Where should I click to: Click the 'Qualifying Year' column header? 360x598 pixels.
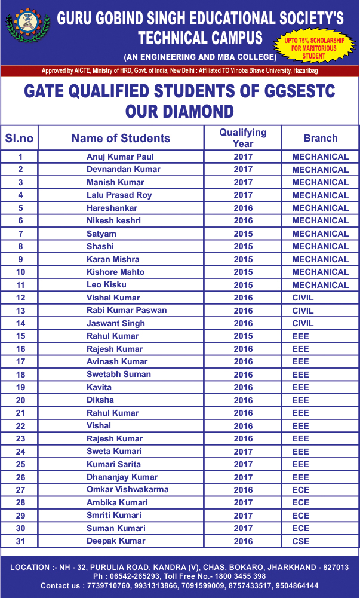[242, 137]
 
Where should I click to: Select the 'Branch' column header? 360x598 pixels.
[321, 138]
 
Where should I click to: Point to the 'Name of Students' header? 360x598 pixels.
[121, 138]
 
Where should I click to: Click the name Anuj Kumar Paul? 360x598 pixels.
[120, 157]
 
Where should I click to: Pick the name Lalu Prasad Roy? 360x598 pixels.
[119, 195]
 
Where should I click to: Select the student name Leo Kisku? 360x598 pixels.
[107, 285]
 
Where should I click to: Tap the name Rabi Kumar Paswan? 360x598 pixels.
[127, 310]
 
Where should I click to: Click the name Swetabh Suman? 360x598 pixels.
[119, 374]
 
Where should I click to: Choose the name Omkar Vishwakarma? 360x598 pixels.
[127, 489]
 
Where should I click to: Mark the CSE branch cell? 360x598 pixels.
[301, 541]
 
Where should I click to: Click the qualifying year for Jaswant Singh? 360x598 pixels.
[243, 323]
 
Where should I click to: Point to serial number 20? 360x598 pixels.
[20, 400]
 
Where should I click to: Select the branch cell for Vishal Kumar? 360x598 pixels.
[303, 298]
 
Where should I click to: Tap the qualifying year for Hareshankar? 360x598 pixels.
[243, 208]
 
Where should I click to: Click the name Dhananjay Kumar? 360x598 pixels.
[122, 477]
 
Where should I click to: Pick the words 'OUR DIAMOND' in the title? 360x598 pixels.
[180, 112]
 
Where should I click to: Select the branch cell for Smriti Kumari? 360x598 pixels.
[301, 516]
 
